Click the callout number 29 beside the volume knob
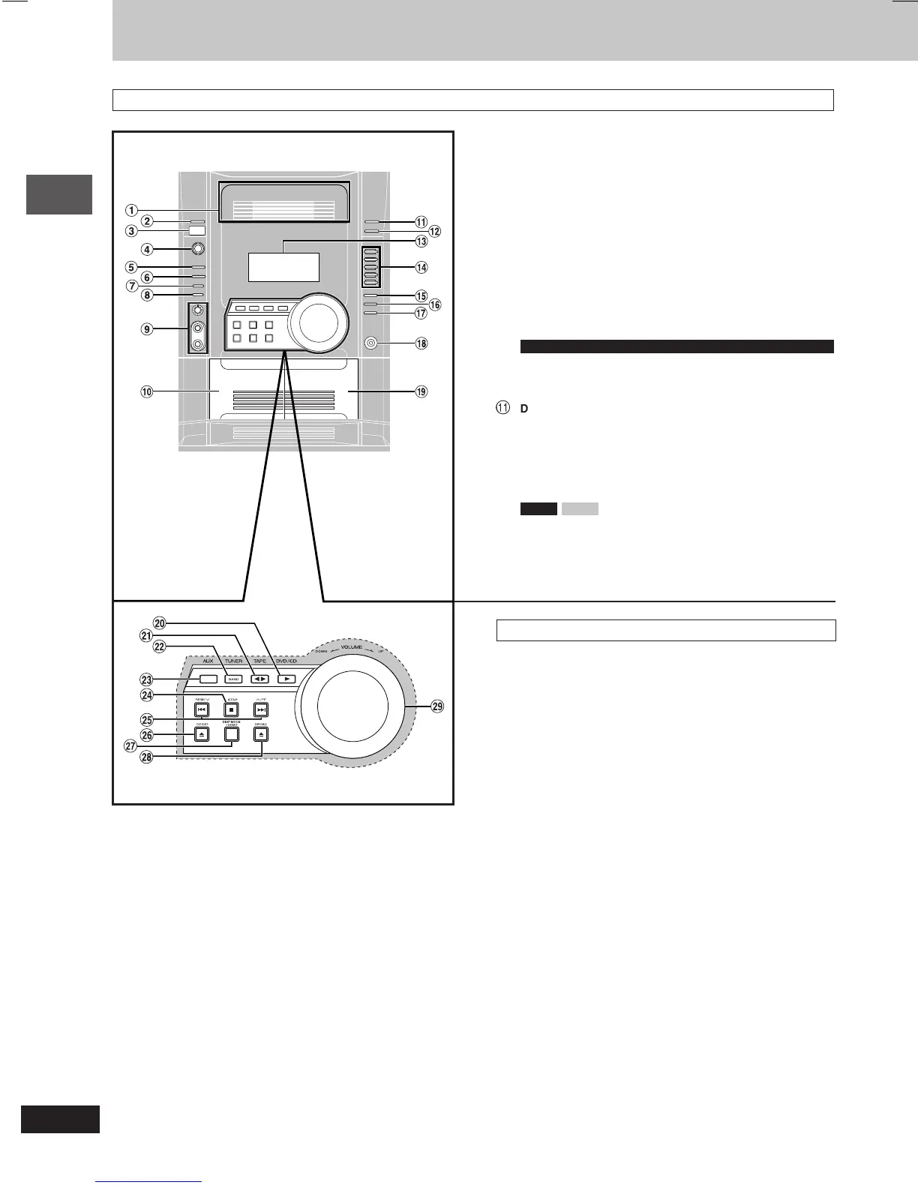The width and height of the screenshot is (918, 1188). [x=437, y=706]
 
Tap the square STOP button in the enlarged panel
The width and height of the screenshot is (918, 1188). [x=232, y=709]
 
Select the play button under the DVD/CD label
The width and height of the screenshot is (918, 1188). [x=286, y=679]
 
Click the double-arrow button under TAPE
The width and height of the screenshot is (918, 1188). [x=259, y=679]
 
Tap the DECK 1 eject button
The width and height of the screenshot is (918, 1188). [x=201, y=734]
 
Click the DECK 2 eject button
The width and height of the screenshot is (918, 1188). [x=260, y=734]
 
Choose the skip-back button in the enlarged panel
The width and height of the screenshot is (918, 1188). [x=201, y=709]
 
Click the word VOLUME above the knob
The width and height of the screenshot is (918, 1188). [x=351, y=646]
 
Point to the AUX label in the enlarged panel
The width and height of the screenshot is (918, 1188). [x=208, y=661]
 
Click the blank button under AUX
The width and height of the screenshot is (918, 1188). [x=208, y=679]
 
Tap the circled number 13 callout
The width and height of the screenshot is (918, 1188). [x=421, y=241]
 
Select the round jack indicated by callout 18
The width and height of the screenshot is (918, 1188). [x=371, y=343]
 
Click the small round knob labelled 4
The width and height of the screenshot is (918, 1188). [x=196, y=249]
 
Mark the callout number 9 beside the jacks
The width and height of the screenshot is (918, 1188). [x=147, y=328]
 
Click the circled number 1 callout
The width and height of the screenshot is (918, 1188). [x=131, y=210]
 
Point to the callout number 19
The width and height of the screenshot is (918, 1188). [x=421, y=391]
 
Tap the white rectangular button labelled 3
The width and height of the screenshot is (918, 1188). [x=196, y=231]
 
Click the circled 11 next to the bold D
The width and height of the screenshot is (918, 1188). [x=502, y=408]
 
